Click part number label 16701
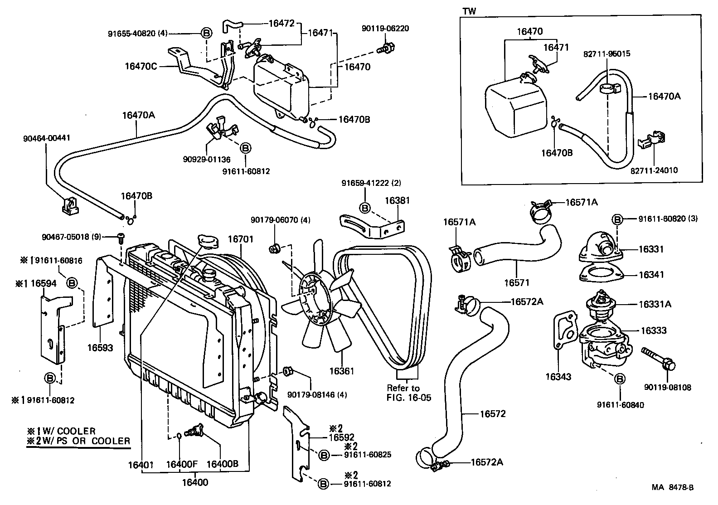pos(240,238)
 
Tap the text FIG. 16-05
pos(409,398)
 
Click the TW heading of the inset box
pos(469,11)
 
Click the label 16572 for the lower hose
pos(493,414)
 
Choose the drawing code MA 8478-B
pos(672,488)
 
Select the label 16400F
pos(181,465)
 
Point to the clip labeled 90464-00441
pos(69,206)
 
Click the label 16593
pos(100,348)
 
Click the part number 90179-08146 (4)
pos(317,394)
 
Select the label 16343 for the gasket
pos(558,377)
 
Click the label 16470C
pos(141,66)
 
